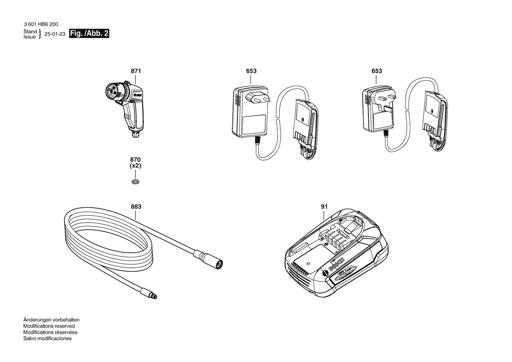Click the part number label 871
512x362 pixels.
pos(136,71)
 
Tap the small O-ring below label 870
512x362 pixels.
pos(135,181)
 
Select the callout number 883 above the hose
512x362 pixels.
pos(136,206)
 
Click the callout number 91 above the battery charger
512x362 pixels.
pos(324,206)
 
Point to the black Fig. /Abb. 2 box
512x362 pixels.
pos(89,34)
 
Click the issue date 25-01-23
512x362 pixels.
pos(55,34)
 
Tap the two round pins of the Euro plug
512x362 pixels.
pos(258,97)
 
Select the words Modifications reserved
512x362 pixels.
pos(49,326)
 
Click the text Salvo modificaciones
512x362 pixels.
pos(47,338)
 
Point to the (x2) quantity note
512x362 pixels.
pos(135,166)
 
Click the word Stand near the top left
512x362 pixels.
pos(30,32)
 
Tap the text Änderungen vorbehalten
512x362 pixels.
pos(51,320)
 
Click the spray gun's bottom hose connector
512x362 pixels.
pos(134,133)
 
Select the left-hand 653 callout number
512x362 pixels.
pos(251,71)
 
